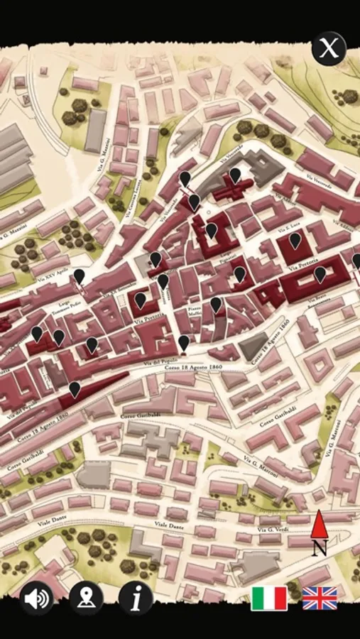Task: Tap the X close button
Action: pyautogui.click(x=328, y=49)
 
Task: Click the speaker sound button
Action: pyautogui.click(x=36, y=599)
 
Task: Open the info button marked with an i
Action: pyautogui.click(x=136, y=598)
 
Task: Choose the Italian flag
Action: pyautogui.click(x=269, y=598)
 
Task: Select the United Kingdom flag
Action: pyautogui.click(x=320, y=598)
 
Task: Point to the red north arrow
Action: pyautogui.click(x=319, y=525)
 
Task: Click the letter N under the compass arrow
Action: pyautogui.click(x=320, y=548)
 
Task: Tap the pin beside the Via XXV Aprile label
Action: pyautogui.click(x=80, y=276)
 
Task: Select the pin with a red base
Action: pyautogui.click(x=184, y=344)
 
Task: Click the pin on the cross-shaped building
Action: pyautogui.click(x=235, y=175)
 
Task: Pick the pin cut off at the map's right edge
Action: pyautogui.click(x=356, y=261)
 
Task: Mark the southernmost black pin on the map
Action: pyautogui.click(x=75, y=389)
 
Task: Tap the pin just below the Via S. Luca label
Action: pyautogui.click(x=295, y=241)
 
